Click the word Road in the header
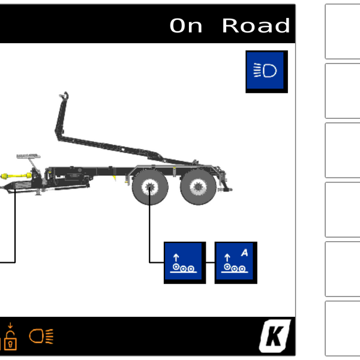pyautogui.click(x=256, y=26)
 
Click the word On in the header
pyautogui.click(x=186, y=26)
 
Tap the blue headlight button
pyautogui.click(x=266, y=71)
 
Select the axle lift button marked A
pyautogui.click(x=236, y=263)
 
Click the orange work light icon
pyautogui.click(x=41, y=336)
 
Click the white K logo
pyautogui.click(x=275, y=335)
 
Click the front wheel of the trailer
pyautogui.click(x=150, y=187)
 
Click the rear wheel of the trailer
pyautogui.click(x=198, y=187)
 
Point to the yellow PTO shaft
pyautogui.click(x=16, y=176)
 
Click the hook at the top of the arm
pyautogui.click(x=64, y=95)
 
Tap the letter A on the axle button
pyautogui.click(x=245, y=253)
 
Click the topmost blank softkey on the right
pyautogui.click(x=343, y=31)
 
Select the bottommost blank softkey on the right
pyautogui.click(x=343, y=328)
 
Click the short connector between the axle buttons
pyautogui.click(x=211, y=262)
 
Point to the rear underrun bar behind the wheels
pyautogui.click(x=225, y=190)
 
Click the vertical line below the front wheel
pyautogui.click(x=149, y=225)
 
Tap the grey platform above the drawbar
pyautogui.click(x=28, y=157)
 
